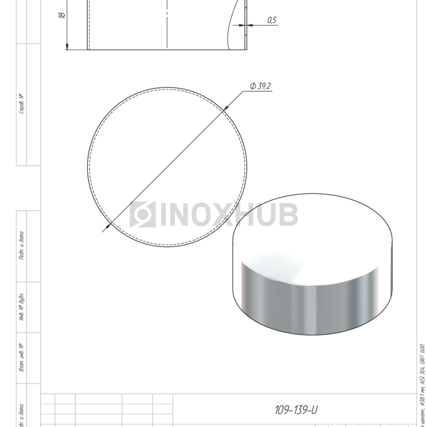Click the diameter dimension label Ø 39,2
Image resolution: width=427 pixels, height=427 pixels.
(x=260, y=86)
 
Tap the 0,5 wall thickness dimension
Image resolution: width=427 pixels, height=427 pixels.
(x=271, y=20)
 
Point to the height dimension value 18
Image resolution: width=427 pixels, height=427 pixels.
(x=62, y=15)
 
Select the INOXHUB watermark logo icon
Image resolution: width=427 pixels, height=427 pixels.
(x=143, y=215)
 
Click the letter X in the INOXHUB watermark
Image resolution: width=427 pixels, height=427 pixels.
(x=231, y=215)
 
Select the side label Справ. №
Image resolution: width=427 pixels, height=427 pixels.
(x=22, y=104)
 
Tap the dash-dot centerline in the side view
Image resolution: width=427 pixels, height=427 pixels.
(x=167, y=24)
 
